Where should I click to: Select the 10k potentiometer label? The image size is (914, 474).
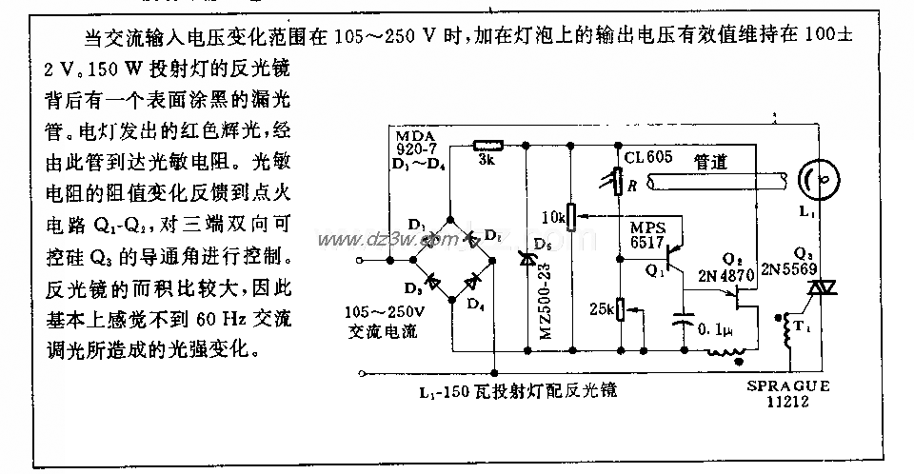click(551, 218)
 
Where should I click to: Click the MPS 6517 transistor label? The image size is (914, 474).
click(651, 234)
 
